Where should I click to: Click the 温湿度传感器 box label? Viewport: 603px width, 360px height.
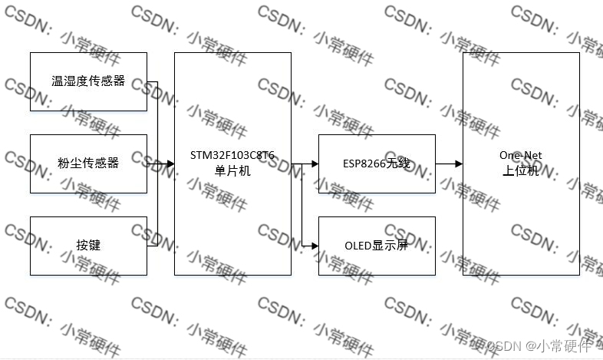coord(87,81)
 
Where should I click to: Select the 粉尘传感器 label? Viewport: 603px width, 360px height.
coord(87,163)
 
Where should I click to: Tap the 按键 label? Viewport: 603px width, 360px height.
coord(88,246)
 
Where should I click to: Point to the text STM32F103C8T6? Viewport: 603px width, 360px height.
coord(232,157)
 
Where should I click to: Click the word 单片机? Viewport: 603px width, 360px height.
coord(232,170)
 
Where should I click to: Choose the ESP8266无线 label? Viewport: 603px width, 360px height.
coord(377,163)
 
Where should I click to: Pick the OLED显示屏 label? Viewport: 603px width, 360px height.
coord(377,246)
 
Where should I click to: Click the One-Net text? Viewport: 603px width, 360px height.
coord(520,157)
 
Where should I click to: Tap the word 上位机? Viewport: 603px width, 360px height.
coord(520,172)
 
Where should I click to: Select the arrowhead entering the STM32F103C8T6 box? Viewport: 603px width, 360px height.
coord(170,163)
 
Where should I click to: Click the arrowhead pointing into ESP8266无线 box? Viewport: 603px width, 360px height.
coord(314,163)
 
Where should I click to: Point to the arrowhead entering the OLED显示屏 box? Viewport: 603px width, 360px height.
coord(314,246)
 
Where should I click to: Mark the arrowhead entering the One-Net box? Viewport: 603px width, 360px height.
coord(458,163)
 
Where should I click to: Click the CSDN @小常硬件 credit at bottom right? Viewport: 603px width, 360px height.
coord(540,345)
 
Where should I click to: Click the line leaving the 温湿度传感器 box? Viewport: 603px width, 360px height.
coord(152,81)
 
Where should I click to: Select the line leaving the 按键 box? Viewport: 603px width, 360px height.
coord(152,246)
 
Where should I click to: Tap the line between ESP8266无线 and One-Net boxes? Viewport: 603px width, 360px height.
coord(446,163)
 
